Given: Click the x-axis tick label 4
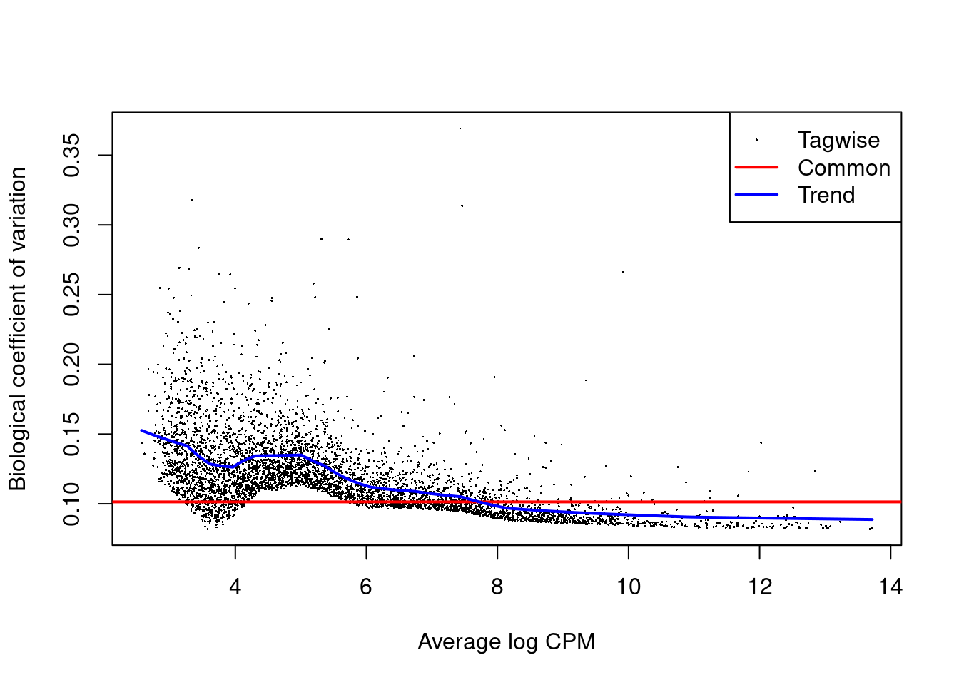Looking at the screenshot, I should [235, 587].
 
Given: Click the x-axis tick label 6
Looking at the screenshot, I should [366, 587].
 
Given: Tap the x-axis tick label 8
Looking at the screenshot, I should [497, 587].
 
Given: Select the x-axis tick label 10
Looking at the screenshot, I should [629, 587].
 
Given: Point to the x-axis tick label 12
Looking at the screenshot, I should [760, 587].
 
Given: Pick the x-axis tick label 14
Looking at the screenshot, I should [890, 587].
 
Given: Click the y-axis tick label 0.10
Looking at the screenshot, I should [71, 504].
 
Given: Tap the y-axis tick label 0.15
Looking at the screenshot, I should [71, 434].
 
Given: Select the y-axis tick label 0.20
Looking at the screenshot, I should [71, 364].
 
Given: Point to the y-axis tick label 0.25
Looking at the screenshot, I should [71, 295].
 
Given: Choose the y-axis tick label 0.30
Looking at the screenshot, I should [71, 225].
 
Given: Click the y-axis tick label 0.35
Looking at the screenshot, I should [71, 155].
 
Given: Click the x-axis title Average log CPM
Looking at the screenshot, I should [506, 642].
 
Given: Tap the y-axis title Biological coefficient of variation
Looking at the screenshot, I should [17, 329].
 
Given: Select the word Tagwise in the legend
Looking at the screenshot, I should [838, 141].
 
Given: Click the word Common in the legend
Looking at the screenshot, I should [843, 168].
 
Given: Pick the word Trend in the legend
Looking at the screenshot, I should [826, 195].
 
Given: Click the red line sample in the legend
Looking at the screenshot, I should [756, 168].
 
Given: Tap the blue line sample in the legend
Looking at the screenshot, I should [756, 195].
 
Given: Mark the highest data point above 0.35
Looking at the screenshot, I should [460, 128].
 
